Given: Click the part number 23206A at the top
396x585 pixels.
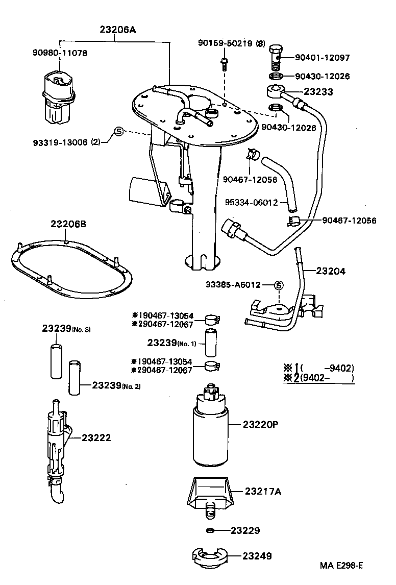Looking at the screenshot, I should pyautogui.click(x=117, y=30).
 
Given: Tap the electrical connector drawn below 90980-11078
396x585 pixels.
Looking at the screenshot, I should pyautogui.click(x=57, y=100).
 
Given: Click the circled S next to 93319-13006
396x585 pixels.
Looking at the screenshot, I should pyautogui.click(x=118, y=131).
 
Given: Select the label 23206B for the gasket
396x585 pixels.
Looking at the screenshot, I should pyautogui.click(x=69, y=224).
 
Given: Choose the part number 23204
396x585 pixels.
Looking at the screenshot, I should pyautogui.click(x=330, y=271).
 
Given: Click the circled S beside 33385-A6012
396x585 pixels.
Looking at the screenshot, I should pyautogui.click(x=279, y=285).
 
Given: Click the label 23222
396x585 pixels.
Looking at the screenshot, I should pyautogui.click(x=96, y=437).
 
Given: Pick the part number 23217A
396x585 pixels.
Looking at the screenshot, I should pyautogui.click(x=263, y=492).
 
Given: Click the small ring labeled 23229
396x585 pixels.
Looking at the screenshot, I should pyautogui.click(x=210, y=530).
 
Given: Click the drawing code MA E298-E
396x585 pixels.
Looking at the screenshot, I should pyautogui.click(x=341, y=566).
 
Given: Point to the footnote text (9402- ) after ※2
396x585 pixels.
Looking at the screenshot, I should pyautogui.click(x=327, y=378).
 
